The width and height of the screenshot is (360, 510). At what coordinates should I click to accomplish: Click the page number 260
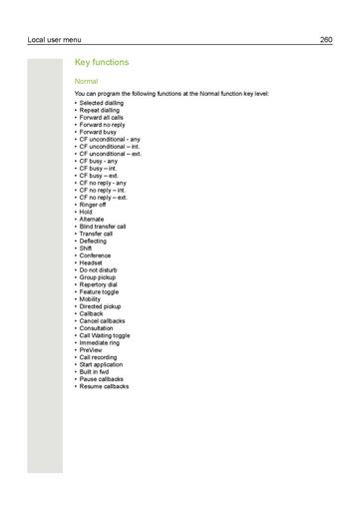325,39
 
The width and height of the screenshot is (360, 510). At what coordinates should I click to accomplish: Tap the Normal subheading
87,81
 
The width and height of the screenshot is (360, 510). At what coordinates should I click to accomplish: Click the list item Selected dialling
104,104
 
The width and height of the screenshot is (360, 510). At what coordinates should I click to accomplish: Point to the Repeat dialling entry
101,110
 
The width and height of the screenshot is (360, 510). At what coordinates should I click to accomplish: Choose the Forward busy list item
99,129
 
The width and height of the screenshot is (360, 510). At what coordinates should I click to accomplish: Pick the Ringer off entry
95,204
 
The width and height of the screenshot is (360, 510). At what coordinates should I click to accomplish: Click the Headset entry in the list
91,262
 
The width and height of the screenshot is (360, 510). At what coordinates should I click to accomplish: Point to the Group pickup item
98,276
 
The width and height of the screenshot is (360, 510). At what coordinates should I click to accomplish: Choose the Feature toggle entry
100,291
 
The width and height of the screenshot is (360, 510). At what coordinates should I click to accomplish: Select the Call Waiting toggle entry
105,335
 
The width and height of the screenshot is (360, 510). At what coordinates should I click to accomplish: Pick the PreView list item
91,350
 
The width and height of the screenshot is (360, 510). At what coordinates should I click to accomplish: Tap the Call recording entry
100,357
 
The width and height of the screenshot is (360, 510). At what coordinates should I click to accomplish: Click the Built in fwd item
96,371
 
